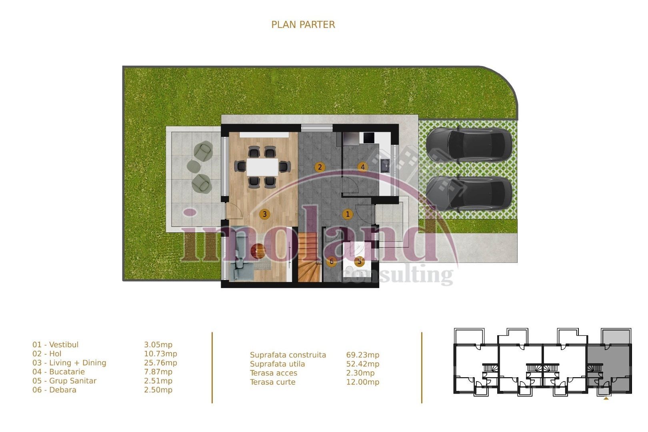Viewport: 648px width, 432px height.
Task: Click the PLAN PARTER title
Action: tap(303, 25)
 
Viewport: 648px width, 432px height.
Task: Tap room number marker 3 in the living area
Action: tap(264, 214)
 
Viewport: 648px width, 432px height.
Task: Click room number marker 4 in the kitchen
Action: tap(362, 167)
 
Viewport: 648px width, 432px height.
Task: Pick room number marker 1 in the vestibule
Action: tap(348, 214)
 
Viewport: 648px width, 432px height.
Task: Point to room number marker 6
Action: tap(331, 262)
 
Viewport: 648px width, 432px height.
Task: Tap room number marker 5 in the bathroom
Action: tap(359, 262)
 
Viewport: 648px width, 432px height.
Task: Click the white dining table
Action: tap(262, 167)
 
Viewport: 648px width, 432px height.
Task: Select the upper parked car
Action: tap(469, 145)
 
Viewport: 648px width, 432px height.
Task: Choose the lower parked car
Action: tap(469, 193)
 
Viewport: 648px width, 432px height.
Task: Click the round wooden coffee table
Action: tap(258, 252)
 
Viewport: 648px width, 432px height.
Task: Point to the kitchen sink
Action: tap(385, 164)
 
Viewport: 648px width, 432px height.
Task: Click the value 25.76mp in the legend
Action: tap(160, 363)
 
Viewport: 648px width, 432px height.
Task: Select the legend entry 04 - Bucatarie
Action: tap(58, 372)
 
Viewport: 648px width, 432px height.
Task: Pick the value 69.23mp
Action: tap(362, 355)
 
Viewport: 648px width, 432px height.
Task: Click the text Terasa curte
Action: tap(272, 382)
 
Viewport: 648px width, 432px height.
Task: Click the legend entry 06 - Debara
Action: tap(54, 390)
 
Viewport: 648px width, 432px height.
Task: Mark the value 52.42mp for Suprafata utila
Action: tap(362, 364)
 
